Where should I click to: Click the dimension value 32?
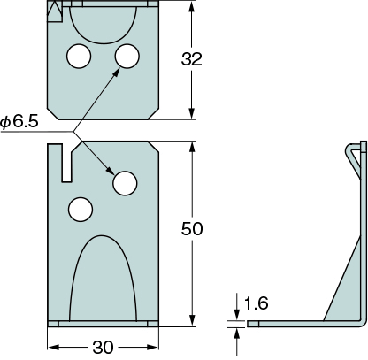pyautogui.click(x=192, y=59)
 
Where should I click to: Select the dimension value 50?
pyautogui.click(x=192, y=229)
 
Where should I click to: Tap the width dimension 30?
pyautogui.click(x=103, y=348)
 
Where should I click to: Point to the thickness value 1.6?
pyautogui.click(x=257, y=303)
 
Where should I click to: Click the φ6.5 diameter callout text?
pyautogui.click(x=19, y=121)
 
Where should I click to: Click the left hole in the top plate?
pyautogui.click(x=79, y=56)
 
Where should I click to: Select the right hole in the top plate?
pyautogui.click(x=127, y=56)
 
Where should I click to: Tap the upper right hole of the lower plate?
pyautogui.click(x=125, y=183)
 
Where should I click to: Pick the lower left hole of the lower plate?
pyautogui.click(x=80, y=210)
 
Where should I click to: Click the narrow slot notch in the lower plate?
pyautogui.click(x=66, y=163)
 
